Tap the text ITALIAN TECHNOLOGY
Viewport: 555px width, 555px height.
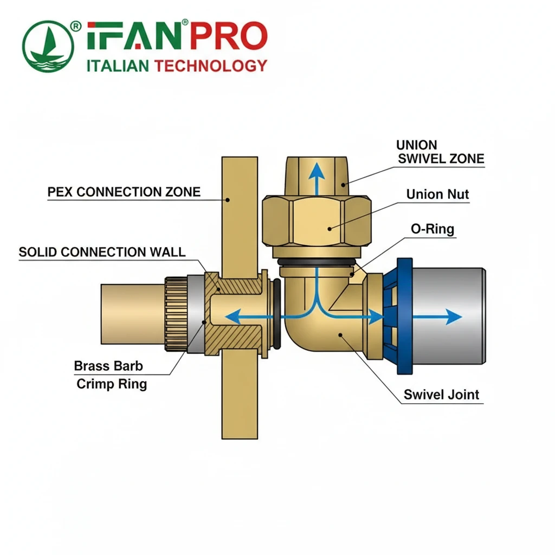click(x=177, y=66)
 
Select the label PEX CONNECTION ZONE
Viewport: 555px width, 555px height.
click(x=124, y=192)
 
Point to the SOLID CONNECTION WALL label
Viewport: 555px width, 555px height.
click(x=102, y=252)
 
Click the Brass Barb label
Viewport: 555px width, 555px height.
click(x=108, y=366)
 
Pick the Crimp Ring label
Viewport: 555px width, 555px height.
click(x=112, y=384)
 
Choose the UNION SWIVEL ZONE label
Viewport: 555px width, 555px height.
click(x=440, y=152)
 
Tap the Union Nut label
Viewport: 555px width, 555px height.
click(x=437, y=194)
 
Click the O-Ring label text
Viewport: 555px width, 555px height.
click(x=432, y=229)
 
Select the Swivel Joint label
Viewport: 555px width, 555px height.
click(x=441, y=395)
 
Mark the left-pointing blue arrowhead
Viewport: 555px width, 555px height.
click(x=232, y=317)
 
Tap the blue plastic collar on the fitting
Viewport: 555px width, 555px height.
click(x=404, y=317)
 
